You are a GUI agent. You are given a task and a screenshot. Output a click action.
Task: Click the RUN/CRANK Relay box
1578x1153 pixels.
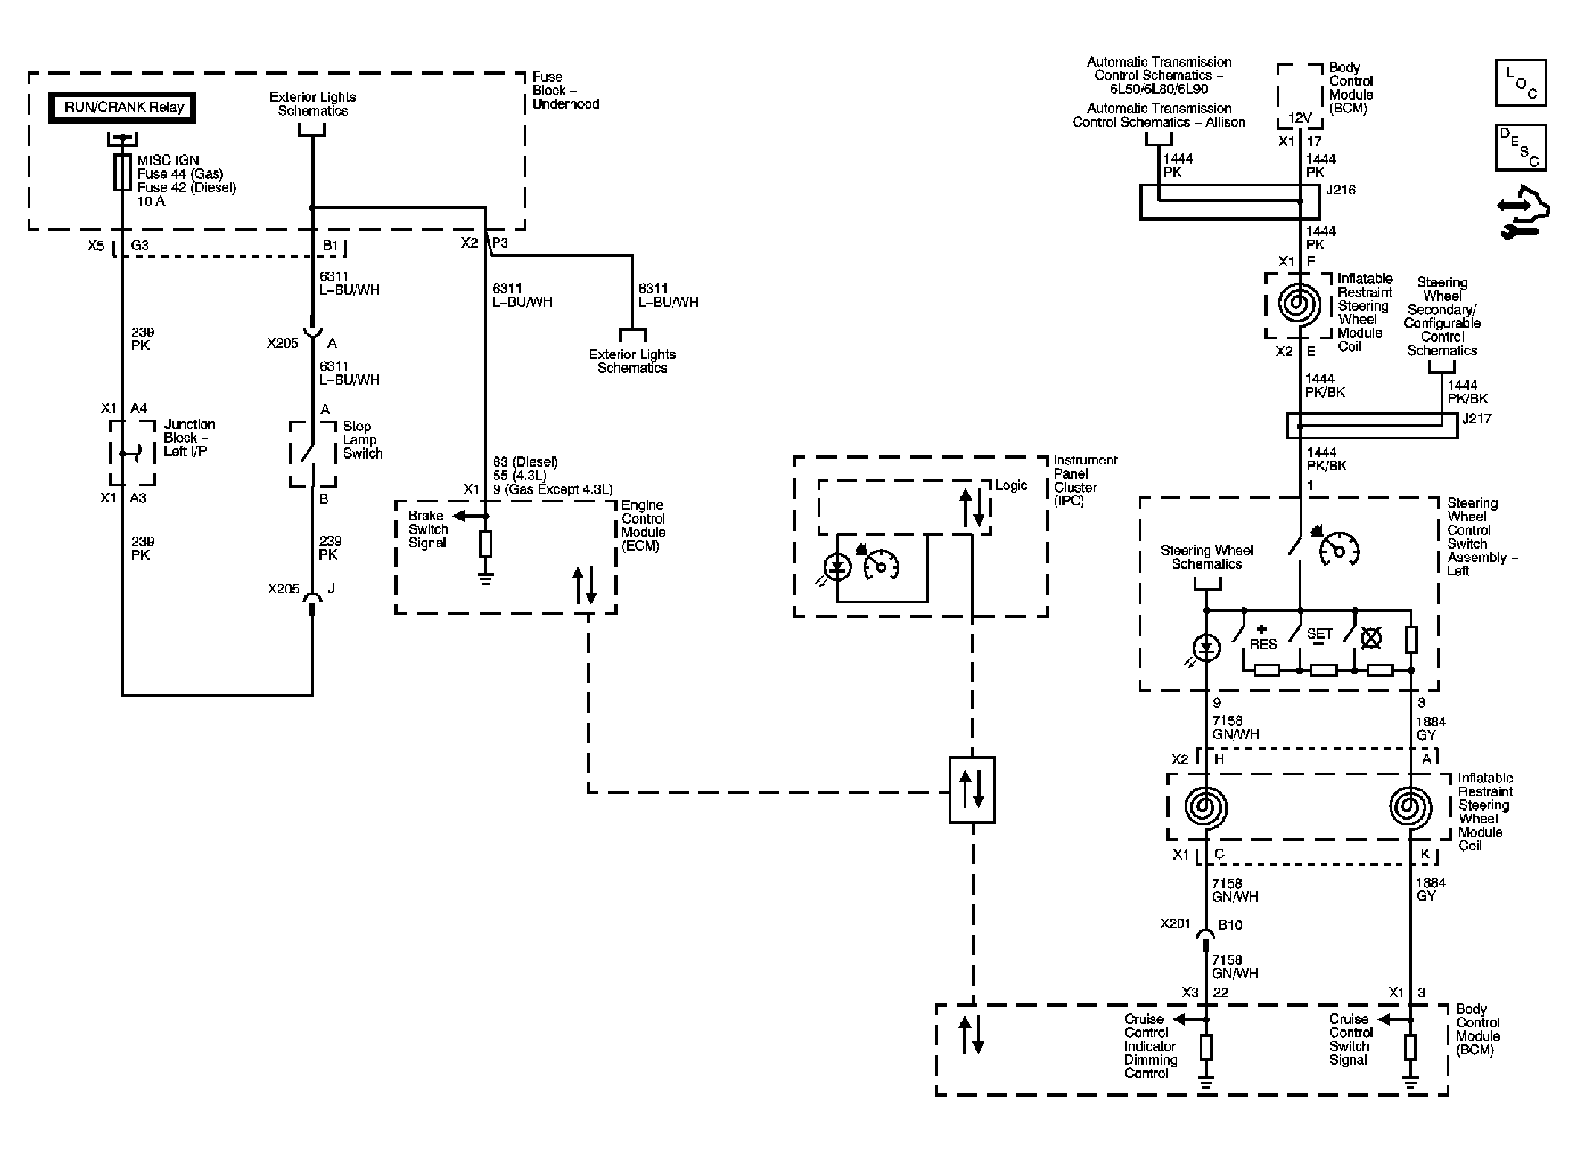124,107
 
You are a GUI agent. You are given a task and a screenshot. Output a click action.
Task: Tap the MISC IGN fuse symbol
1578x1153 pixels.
122,173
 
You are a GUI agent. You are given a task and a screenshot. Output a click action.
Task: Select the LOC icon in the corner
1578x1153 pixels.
1520,83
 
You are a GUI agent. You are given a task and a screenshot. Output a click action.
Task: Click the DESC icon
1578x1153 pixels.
1520,147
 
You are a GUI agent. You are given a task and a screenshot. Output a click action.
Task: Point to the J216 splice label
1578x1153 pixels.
1341,190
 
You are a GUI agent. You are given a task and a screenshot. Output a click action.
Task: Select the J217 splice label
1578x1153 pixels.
1476,418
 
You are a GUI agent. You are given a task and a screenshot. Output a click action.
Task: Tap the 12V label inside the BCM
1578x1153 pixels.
1300,118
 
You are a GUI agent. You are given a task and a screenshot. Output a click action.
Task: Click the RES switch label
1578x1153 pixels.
1263,644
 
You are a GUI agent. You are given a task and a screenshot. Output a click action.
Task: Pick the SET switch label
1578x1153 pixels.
1319,634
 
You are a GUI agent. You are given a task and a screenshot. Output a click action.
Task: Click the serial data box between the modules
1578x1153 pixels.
972,790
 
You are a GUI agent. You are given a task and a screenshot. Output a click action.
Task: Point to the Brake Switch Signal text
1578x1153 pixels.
428,529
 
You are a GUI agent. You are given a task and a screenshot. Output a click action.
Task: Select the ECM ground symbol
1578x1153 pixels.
485,578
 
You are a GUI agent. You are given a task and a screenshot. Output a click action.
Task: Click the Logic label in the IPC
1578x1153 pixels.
1011,485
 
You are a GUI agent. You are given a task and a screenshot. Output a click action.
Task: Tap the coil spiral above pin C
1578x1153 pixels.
1205,808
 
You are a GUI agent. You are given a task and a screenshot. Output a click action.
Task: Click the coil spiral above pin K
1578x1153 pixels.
1410,808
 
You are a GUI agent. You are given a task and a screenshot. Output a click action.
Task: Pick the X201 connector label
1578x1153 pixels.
1175,924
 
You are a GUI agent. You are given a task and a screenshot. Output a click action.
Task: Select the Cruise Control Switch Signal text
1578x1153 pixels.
1350,1039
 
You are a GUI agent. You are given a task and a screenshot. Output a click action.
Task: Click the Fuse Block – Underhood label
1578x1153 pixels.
565,90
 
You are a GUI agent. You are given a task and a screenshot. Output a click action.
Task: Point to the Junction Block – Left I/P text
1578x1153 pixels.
189,438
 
